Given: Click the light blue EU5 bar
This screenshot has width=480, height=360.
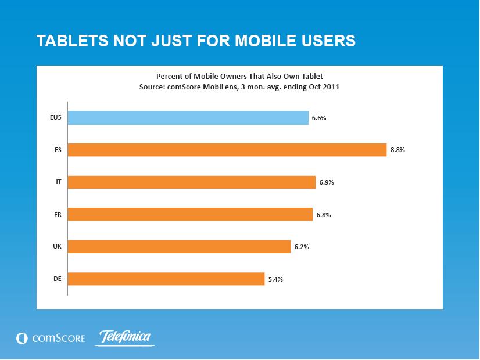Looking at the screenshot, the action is [188, 118].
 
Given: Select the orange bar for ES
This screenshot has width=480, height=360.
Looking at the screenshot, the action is [227, 150].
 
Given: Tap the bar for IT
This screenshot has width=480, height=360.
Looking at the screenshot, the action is [192, 182].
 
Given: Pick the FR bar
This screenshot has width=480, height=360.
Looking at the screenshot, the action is [190, 214].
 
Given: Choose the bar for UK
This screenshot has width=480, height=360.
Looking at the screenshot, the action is [179, 247].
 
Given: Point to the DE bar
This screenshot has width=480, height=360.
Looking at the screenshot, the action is [166, 279].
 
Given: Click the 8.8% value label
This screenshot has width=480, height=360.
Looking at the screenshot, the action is [397, 150].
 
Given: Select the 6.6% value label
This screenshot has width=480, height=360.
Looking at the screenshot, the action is [319, 118].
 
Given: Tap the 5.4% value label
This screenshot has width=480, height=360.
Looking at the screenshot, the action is [275, 279].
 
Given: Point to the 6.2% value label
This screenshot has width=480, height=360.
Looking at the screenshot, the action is [302, 247].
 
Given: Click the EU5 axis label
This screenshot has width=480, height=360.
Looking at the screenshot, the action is [56, 117].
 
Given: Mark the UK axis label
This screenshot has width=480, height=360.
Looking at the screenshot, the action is [58, 246].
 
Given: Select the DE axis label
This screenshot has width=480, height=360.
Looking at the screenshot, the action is [58, 279].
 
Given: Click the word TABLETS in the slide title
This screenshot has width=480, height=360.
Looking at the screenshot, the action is [72, 41].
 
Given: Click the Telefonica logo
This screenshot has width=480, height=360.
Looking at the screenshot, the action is [125, 338].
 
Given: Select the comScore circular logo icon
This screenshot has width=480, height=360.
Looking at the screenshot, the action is [22, 339].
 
